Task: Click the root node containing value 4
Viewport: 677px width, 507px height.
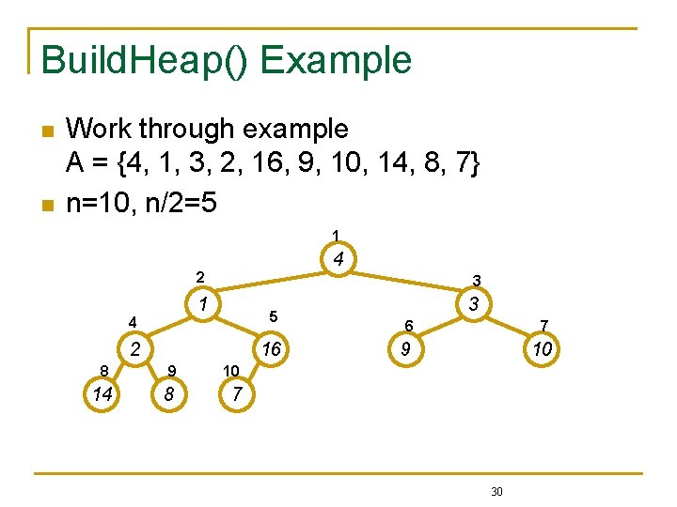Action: click(338, 257)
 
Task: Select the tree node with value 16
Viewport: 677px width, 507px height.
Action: click(272, 349)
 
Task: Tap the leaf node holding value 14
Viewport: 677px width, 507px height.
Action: click(102, 394)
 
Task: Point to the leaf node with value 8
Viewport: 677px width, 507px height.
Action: click(169, 394)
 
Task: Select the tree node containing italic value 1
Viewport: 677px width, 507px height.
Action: click(202, 303)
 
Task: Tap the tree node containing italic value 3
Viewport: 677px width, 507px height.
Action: click(474, 303)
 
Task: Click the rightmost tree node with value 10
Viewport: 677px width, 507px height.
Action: click(541, 349)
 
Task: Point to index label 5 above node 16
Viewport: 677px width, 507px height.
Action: click(273, 315)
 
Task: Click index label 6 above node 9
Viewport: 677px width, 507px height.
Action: click(409, 325)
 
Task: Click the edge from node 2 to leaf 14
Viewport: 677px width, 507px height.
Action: click(118, 372)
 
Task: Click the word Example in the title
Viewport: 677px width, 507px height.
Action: click(336, 59)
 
